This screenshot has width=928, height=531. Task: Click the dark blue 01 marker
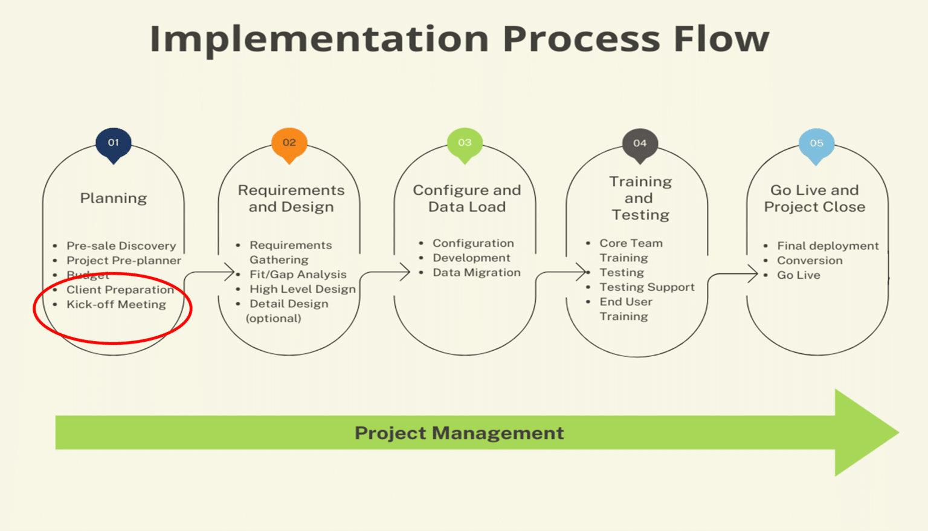pos(114,143)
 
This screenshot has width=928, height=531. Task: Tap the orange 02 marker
pos(289,143)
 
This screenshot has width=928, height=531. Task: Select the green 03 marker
pos(465,143)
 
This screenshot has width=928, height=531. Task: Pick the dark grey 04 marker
pos(640,144)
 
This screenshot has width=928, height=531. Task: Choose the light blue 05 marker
pos(816,144)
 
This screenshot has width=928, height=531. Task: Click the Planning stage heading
pos(114,198)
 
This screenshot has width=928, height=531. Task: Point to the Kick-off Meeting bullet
pos(116,304)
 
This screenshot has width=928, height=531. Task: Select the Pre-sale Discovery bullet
pos(121,246)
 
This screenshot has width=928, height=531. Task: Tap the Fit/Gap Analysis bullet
pos(298,275)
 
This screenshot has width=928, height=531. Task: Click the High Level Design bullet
pos(302,289)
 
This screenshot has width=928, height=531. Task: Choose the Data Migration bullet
pos(476,273)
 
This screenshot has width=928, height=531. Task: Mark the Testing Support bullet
pos(646,287)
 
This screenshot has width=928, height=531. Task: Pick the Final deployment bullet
pos(828,246)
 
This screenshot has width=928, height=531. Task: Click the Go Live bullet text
pos(798,275)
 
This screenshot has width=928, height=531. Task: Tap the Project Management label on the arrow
pos(459,433)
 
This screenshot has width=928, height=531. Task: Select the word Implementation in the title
pos(318,39)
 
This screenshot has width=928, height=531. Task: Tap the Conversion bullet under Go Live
pos(810,261)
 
